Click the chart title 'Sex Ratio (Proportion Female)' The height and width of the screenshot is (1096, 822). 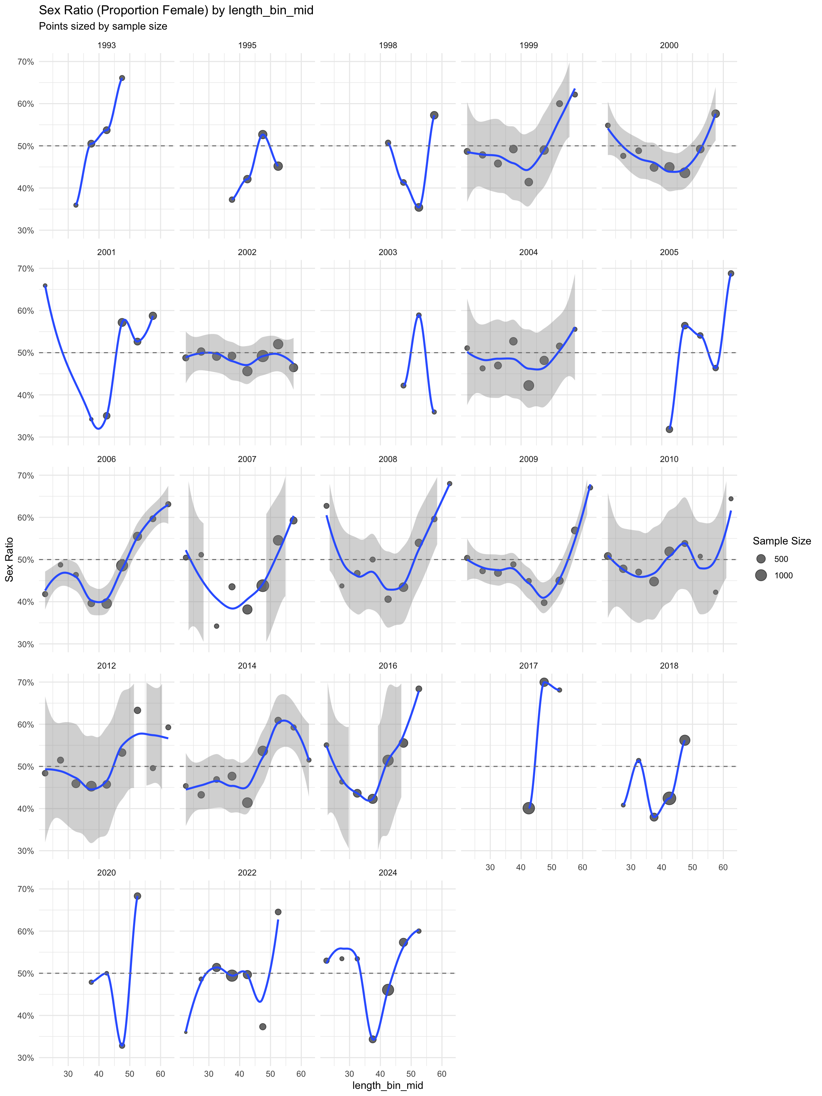(x=176, y=10)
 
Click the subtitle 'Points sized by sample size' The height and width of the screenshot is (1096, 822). (x=103, y=26)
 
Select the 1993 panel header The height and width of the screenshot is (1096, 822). (x=107, y=45)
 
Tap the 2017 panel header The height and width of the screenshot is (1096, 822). (x=528, y=665)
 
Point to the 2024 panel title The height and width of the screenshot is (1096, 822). (x=387, y=873)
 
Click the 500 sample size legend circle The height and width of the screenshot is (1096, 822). (x=761, y=559)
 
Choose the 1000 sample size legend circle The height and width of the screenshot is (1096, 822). (x=761, y=575)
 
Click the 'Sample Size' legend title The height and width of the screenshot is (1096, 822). (x=781, y=541)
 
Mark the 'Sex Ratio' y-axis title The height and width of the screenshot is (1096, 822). (x=9, y=559)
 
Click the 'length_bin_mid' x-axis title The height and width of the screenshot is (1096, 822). (x=387, y=1085)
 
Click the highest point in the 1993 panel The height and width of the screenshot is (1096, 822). (x=122, y=78)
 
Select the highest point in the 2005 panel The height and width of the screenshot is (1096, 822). (x=731, y=274)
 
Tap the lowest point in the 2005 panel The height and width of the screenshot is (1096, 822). (x=669, y=429)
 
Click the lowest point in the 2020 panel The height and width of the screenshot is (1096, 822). (x=122, y=1045)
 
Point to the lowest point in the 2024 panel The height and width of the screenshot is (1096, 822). (x=372, y=1039)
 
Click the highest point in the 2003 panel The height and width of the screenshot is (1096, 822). (x=419, y=315)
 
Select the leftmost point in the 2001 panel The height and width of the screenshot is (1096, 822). (x=45, y=285)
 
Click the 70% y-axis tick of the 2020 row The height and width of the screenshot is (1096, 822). (x=26, y=889)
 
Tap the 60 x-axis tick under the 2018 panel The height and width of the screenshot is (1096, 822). (x=723, y=867)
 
